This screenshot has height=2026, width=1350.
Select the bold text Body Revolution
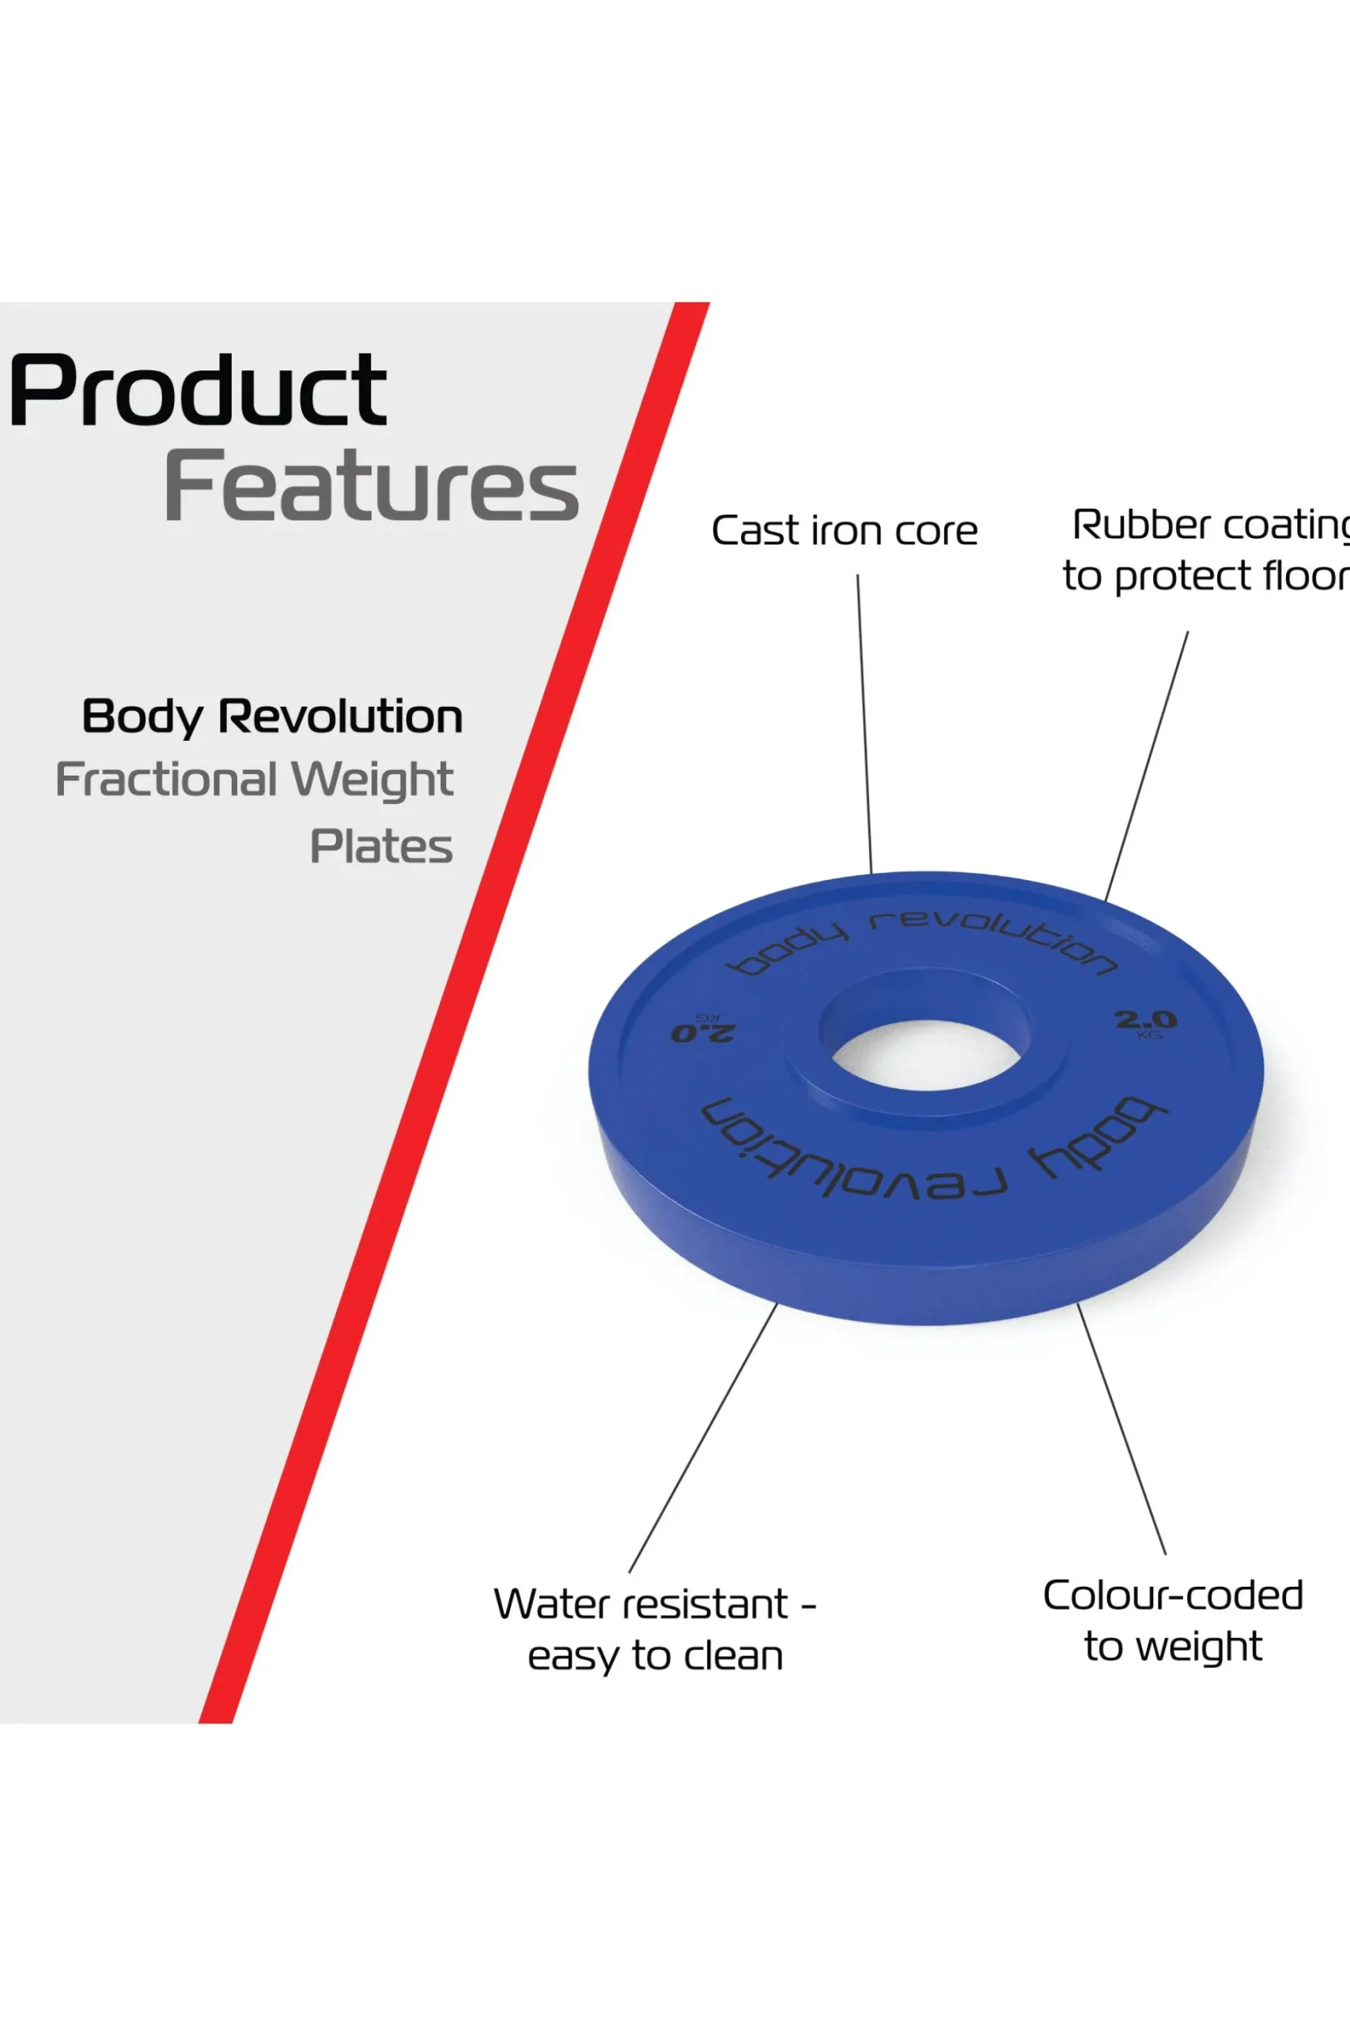(272, 717)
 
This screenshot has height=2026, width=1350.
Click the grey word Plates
(381, 846)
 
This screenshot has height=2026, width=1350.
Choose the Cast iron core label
(845, 530)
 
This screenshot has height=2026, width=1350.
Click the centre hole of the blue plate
(926, 1054)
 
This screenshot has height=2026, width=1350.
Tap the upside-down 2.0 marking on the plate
(702, 1029)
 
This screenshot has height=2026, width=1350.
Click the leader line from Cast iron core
(864, 723)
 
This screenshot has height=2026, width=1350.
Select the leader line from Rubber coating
(1147, 766)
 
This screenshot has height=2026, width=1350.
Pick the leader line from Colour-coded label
(1122, 1429)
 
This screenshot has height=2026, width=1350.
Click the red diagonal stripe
(455, 1013)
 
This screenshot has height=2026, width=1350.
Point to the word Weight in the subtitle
(372, 780)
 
